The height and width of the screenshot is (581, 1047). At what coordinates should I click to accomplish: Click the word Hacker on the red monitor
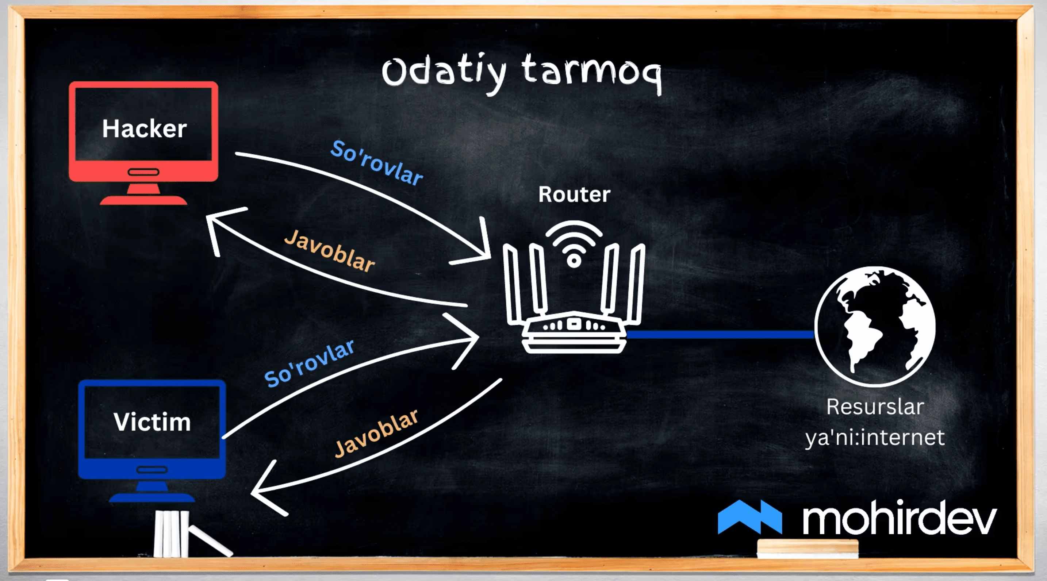pos(144,129)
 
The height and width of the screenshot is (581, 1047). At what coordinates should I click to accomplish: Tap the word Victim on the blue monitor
pos(152,422)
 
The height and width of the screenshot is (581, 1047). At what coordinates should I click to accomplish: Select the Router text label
pos(574,194)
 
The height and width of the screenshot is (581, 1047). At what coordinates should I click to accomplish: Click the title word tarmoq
pos(592,73)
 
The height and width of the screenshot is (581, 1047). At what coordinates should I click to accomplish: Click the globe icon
pos(875,326)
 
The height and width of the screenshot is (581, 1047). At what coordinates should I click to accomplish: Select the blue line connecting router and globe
pos(720,334)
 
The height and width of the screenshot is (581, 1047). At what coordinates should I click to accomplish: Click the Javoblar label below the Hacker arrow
pos(329,250)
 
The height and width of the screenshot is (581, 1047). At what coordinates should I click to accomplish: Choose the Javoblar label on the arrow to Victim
pos(376,433)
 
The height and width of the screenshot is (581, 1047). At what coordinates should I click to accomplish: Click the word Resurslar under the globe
pos(875,407)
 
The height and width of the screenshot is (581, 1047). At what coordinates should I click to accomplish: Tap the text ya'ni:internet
pos(875,438)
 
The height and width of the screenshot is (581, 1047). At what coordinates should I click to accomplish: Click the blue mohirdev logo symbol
pos(750,517)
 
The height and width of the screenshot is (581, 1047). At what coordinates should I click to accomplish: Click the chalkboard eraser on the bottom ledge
pos(808,549)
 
